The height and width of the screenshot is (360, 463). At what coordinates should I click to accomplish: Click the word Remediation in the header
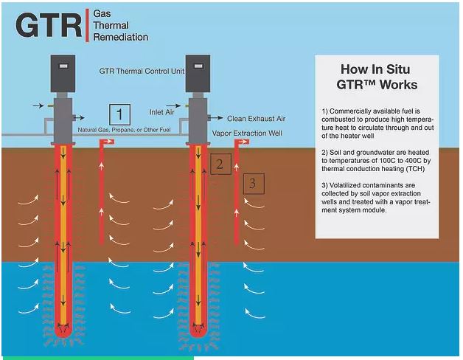click(x=121, y=37)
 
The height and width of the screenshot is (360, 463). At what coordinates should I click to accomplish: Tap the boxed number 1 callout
click(x=119, y=115)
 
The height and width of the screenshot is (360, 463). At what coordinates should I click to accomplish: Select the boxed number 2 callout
click(x=218, y=164)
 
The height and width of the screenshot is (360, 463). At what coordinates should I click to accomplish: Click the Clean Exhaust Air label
click(x=256, y=118)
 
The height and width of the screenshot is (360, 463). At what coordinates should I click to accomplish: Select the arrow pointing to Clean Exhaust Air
click(x=216, y=117)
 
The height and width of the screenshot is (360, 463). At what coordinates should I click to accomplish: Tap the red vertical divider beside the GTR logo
click(x=86, y=25)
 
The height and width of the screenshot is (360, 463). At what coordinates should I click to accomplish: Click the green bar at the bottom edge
click(x=96, y=358)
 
